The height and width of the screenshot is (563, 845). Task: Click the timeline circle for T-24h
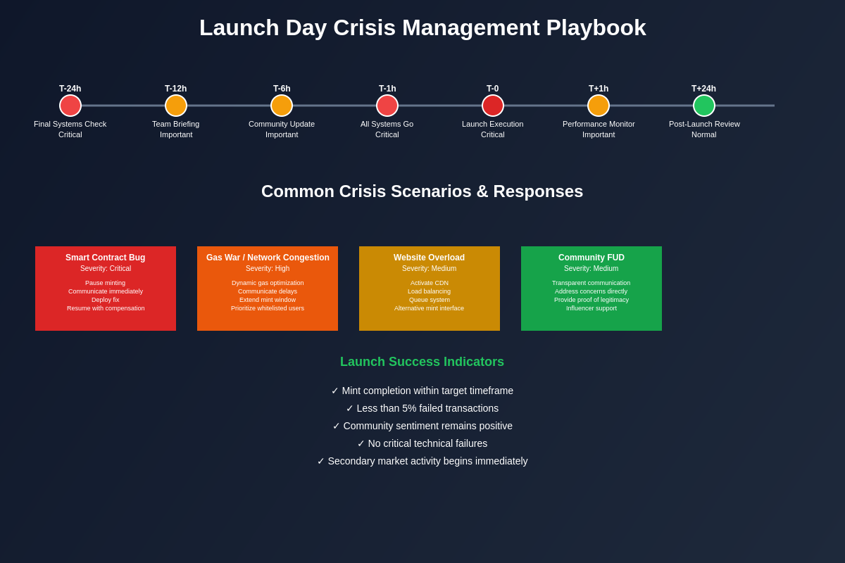tap(70, 106)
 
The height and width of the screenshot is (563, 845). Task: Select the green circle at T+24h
tap(704, 106)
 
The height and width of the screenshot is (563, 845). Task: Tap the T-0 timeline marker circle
tap(493, 106)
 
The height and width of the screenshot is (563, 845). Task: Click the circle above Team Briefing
tap(176, 106)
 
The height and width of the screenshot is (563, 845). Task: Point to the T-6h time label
tap(282, 89)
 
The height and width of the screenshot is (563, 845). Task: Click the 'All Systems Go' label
tap(387, 124)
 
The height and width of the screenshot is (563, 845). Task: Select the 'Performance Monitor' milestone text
tap(599, 124)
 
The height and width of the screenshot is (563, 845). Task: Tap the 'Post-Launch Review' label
tap(704, 124)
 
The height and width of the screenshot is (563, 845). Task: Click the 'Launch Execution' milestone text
tap(493, 124)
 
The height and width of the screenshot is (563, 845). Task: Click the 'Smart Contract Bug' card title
tap(106, 258)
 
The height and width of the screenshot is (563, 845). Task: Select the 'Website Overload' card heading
tap(430, 258)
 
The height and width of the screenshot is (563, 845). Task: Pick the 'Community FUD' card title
tap(591, 258)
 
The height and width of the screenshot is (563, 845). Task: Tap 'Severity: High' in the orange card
tap(268, 269)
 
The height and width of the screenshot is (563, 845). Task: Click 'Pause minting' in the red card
tap(106, 283)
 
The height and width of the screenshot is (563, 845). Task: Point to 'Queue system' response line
tap(430, 300)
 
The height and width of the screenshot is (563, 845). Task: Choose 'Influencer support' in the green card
tap(591, 308)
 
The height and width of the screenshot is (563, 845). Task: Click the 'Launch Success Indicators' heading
tap(423, 362)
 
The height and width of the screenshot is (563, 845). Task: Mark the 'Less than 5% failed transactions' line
tap(423, 408)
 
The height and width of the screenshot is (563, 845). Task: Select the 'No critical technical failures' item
tap(423, 443)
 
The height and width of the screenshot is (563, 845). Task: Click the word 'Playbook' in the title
tap(596, 28)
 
